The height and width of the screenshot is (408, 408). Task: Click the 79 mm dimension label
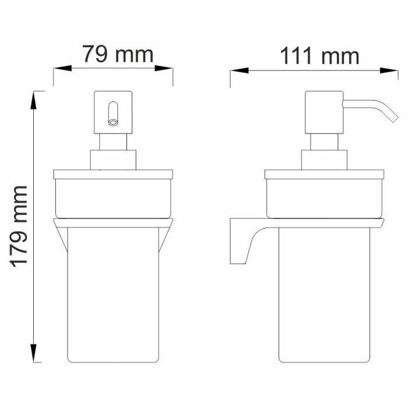tap(118, 54)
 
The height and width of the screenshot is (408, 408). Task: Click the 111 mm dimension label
tap(319, 56)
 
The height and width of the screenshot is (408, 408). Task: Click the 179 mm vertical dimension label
tap(19, 227)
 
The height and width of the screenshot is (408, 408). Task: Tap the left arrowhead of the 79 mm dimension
tap(62, 68)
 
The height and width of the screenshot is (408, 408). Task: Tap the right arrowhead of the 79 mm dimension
tap(164, 68)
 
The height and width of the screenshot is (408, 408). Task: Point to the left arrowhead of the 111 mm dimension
tap(239, 71)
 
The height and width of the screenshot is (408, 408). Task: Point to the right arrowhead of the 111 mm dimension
tap(389, 71)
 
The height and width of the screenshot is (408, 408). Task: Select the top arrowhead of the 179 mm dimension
tap(34, 100)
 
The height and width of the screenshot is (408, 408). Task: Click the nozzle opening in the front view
tap(113, 122)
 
